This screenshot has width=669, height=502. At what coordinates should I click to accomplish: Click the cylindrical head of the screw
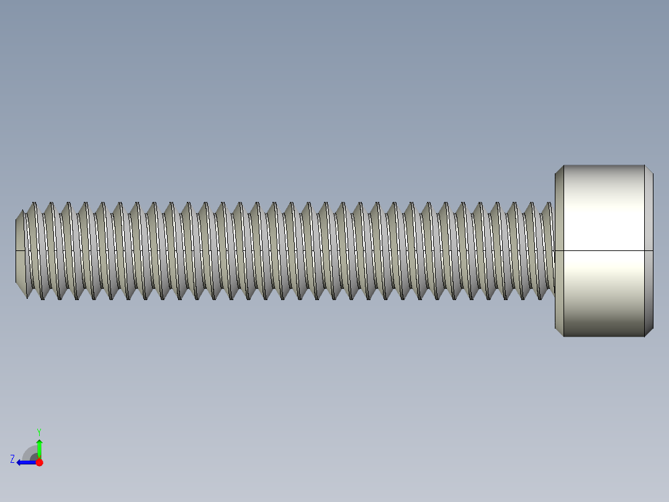point(603,251)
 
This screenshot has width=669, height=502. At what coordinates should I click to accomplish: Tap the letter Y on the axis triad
point(38,431)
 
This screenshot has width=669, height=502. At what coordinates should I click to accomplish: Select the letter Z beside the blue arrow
point(12,459)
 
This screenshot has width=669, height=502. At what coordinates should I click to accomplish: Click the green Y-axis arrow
point(39,447)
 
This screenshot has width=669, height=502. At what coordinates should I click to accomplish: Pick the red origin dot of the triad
point(39,462)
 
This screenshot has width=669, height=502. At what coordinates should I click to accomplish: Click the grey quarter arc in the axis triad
point(30,452)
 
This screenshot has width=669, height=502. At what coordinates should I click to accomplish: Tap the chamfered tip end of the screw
point(20,251)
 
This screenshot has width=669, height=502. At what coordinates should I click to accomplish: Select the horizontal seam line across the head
point(603,251)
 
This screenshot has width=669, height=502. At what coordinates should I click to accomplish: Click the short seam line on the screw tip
point(20,251)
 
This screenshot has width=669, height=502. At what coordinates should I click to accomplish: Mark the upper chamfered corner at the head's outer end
point(649,169)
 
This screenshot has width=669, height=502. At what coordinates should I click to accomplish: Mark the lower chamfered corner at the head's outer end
point(649,332)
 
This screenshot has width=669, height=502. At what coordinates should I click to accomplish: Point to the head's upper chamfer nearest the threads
point(559,169)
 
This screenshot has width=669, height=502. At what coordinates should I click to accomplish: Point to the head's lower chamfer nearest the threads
point(559,332)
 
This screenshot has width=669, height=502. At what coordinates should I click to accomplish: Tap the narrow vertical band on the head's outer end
point(649,251)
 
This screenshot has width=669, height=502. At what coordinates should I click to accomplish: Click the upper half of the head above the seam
point(603,208)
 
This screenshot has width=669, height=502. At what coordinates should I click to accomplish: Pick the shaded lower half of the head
point(603,295)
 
